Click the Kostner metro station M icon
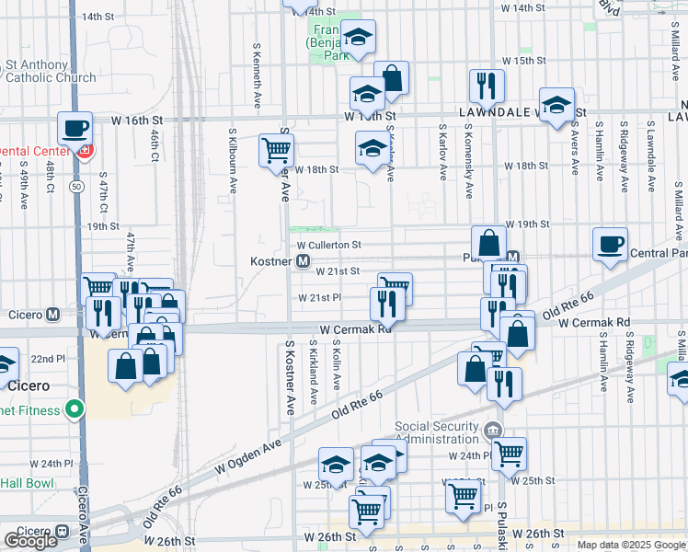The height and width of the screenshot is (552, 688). [303, 262]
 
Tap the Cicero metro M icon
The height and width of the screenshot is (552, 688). [53, 314]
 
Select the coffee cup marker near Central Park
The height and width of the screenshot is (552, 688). [610, 245]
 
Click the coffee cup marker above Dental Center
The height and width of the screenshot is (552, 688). [75, 128]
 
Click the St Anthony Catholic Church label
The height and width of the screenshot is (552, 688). [50, 71]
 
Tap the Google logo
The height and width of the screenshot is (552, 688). [30, 541]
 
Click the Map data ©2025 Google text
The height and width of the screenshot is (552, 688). [630, 545]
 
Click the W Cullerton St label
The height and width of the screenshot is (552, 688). [329, 246]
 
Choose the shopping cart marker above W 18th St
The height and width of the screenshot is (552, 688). [276, 151]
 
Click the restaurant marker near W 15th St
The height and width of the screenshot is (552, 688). [487, 86]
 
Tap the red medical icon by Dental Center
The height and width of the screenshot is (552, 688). [86, 150]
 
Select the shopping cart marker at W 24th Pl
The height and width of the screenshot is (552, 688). [508, 453]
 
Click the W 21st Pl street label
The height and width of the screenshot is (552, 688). [319, 298]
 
